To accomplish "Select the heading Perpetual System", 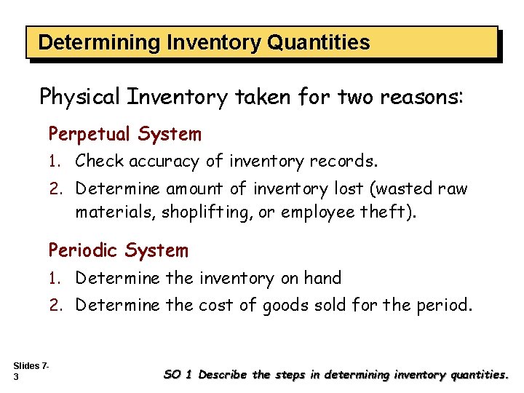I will [124, 134].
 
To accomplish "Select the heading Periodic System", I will [118, 250].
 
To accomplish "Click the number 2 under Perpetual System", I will [54, 189].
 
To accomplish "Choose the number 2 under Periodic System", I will [54, 305].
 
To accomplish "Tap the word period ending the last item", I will [445, 305].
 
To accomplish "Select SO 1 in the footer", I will [179, 375].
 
